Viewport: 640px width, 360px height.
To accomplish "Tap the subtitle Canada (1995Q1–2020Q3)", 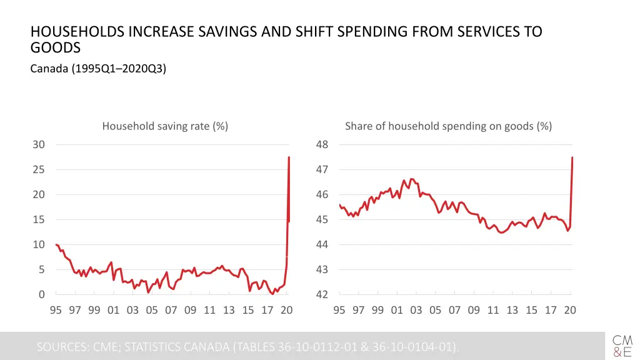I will (98, 69).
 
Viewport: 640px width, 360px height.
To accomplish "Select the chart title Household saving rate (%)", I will (165, 126).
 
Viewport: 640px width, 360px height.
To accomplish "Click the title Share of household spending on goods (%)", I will (448, 126).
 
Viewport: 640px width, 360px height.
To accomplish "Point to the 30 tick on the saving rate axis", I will (39, 144).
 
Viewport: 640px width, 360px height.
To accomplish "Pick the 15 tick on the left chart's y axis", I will (39, 219).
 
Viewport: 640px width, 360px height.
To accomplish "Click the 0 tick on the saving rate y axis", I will (42, 294).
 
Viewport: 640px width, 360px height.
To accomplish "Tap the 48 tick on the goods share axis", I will (322, 144).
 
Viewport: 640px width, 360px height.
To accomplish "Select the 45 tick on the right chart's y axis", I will (322, 219).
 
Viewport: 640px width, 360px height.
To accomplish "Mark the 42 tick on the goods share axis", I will (322, 294).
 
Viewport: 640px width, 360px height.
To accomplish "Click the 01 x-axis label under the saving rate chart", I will (114, 310).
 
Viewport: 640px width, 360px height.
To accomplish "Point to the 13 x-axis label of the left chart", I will (229, 310).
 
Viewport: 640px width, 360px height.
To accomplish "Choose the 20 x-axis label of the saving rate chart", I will (287, 310).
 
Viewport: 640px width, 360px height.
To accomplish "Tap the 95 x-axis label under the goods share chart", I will (339, 310).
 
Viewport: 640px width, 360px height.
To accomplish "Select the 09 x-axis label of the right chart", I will (474, 310).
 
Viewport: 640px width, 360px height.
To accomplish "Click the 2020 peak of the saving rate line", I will (289, 157).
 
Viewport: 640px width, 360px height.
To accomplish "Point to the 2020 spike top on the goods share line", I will (572, 157).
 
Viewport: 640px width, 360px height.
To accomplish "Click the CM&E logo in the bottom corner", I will (622, 346).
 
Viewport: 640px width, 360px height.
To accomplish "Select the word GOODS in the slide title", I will (56, 48).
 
